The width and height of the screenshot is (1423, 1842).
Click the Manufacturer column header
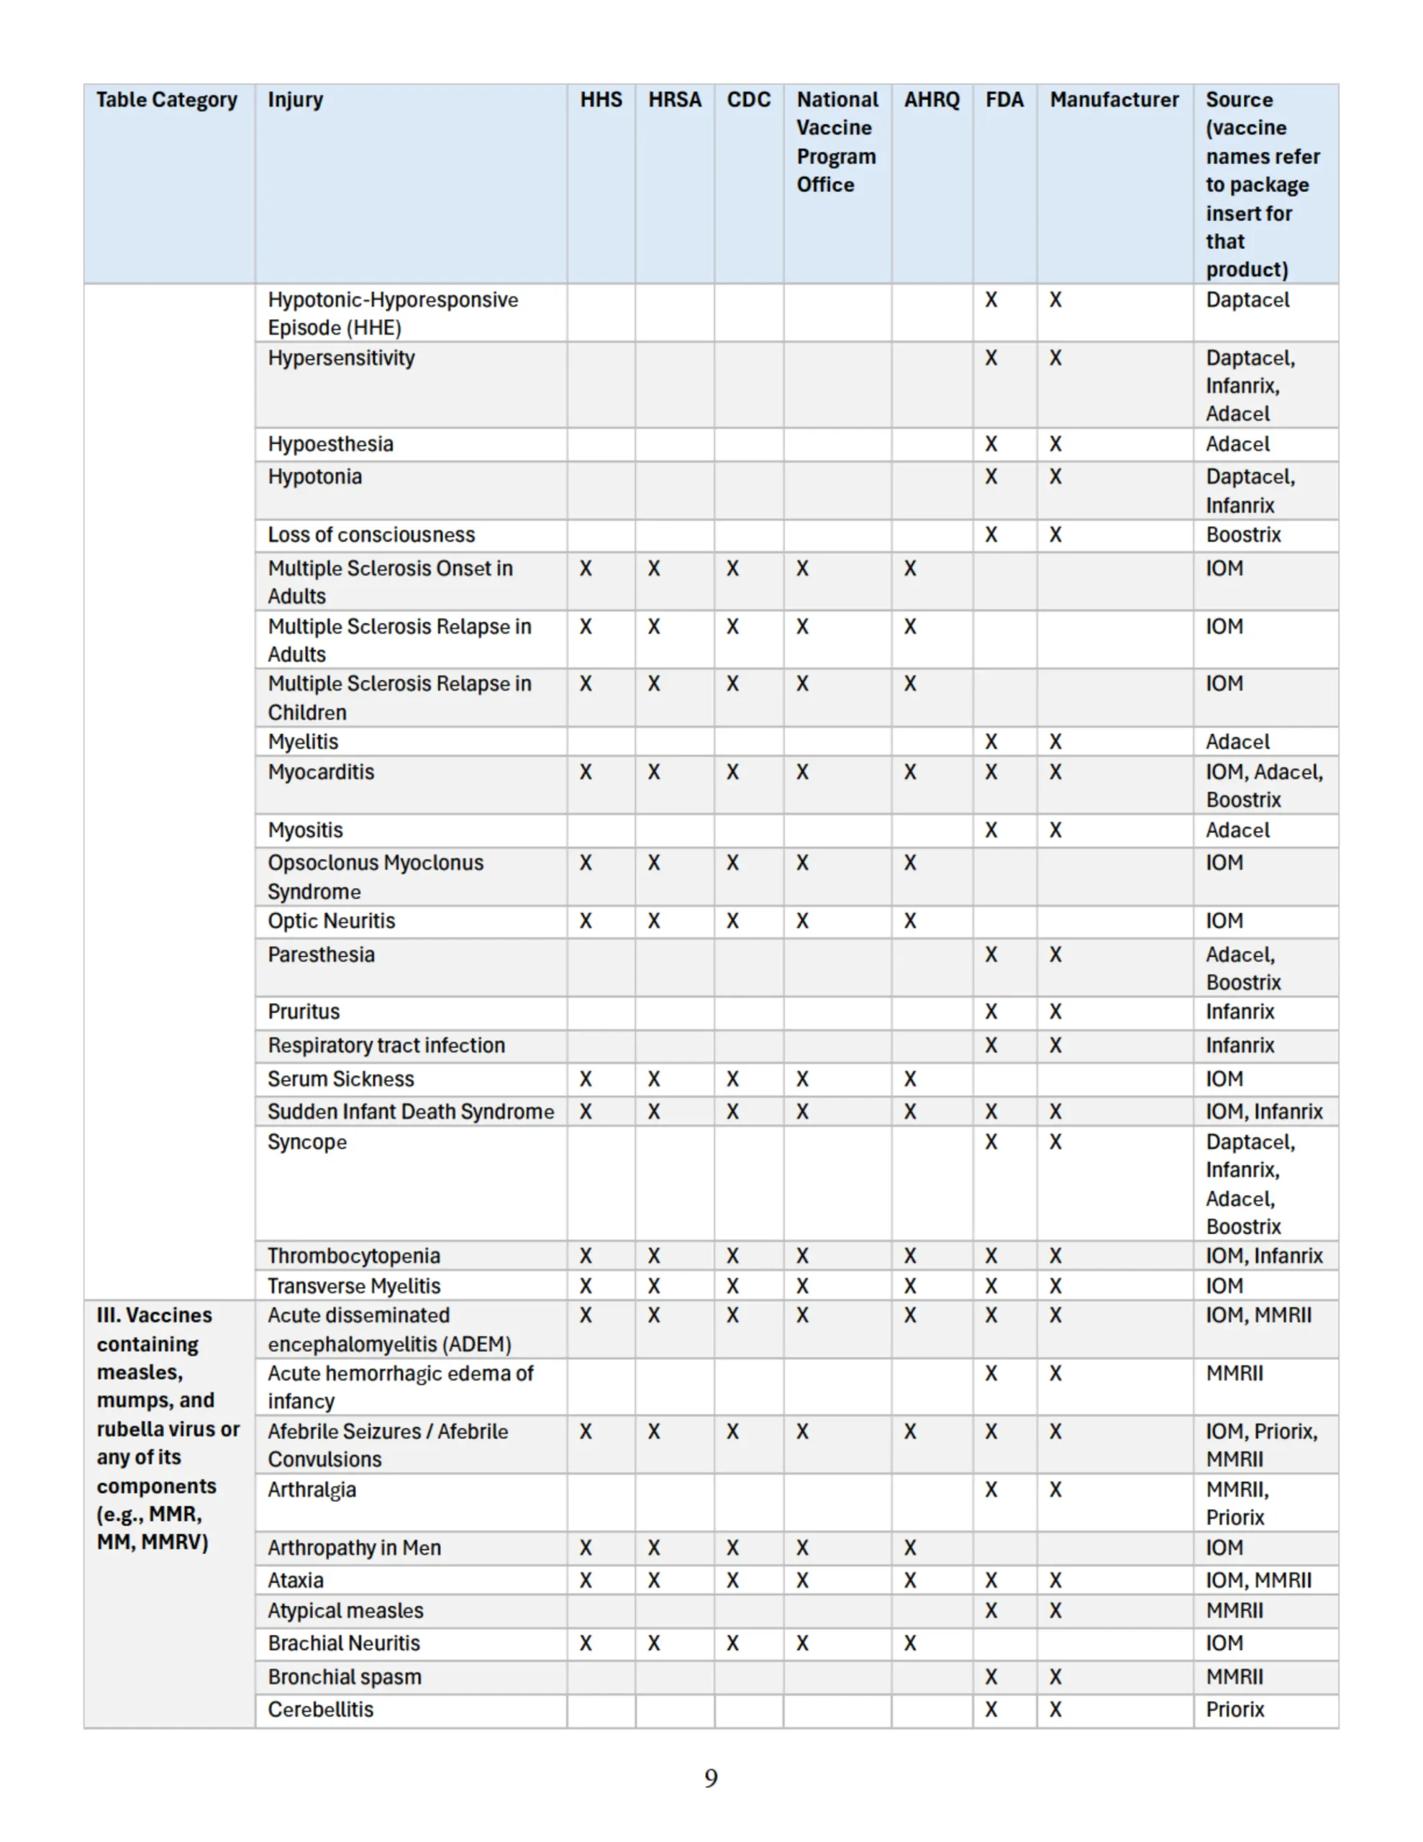(x=1114, y=99)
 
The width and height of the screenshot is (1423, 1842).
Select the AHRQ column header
(x=931, y=99)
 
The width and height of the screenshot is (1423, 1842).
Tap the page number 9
(x=711, y=1778)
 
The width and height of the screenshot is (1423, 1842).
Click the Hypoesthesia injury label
(x=329, y=445)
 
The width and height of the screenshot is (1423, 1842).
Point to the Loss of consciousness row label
(x=371, y=535)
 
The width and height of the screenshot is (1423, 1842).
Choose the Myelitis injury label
(x=303, y=741)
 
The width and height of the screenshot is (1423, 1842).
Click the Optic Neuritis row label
(x=332, y=921)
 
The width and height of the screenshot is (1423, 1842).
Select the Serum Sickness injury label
(x=341, y=1079)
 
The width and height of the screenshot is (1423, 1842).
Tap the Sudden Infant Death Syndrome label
(x=411, y=1112)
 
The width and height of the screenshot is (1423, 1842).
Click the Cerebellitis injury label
(x=321, y=1710)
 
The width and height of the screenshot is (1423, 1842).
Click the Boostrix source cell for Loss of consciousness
(x=1243, y=535)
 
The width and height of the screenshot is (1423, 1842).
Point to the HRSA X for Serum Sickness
(x=654, y=1079)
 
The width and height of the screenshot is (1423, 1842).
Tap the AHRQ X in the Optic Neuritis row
(x=909, y=921)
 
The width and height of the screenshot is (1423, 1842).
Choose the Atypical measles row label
(x=346, y=1611)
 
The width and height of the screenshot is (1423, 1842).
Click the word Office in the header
(x=825, y=185)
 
